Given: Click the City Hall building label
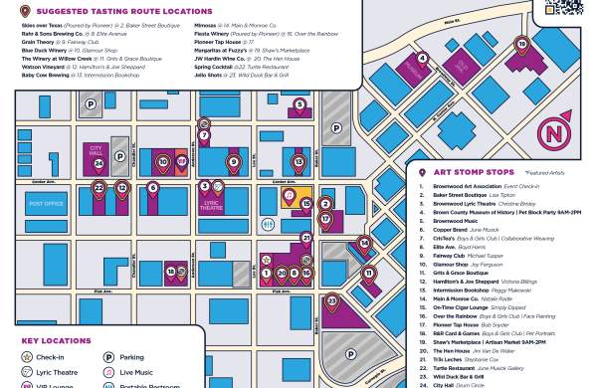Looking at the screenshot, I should coord(96,152).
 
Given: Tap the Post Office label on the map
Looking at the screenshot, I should coord(46,203).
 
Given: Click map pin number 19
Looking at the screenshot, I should coord(522,45).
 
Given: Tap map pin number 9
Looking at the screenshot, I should coord(234,160).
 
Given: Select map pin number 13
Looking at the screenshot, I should coord(298,160).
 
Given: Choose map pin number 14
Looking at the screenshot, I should coord(365,242).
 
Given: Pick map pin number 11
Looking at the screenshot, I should coord(368,272).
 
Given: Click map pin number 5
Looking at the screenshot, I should coord(299,104).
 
